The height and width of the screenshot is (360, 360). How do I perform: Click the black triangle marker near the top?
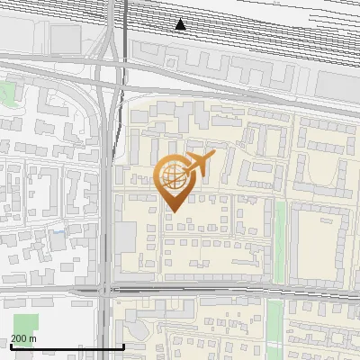[x=181, y=24]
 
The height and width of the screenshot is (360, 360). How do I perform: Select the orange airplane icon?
[x=201, y=164]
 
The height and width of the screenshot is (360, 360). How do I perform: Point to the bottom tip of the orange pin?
[x=172, y=212]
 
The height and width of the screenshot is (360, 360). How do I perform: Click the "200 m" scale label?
[x=23, y=338]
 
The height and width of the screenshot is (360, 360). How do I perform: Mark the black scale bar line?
[x=67, y=346]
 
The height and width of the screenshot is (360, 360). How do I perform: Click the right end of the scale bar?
[x=123, y=346]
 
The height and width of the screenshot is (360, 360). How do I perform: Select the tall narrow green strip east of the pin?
[x=279, y=238]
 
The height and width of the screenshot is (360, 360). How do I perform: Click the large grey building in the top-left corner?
[x=63, y=37]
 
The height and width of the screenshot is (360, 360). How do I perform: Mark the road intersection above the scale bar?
[x=107, y=290]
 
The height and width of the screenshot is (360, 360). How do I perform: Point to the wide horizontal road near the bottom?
[x=225, y=291]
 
